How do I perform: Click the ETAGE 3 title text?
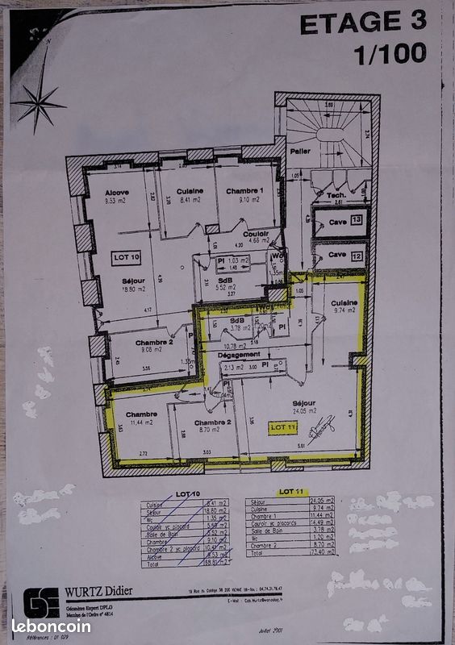pyautogui.click(x=361, y=23)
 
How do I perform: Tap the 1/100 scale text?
pyautogui.click(x=390, y=54)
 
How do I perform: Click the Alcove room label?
pyautogui.click(x=119, y=193)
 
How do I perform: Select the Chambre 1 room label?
pyautogui.click(x=244, y=190)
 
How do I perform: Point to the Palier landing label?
pyautogui.click(x=300, y=151)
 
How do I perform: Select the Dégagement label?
pyautogui.click(x=239, y=354)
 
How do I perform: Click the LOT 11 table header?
pyautogui.click(x=290, y=491)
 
